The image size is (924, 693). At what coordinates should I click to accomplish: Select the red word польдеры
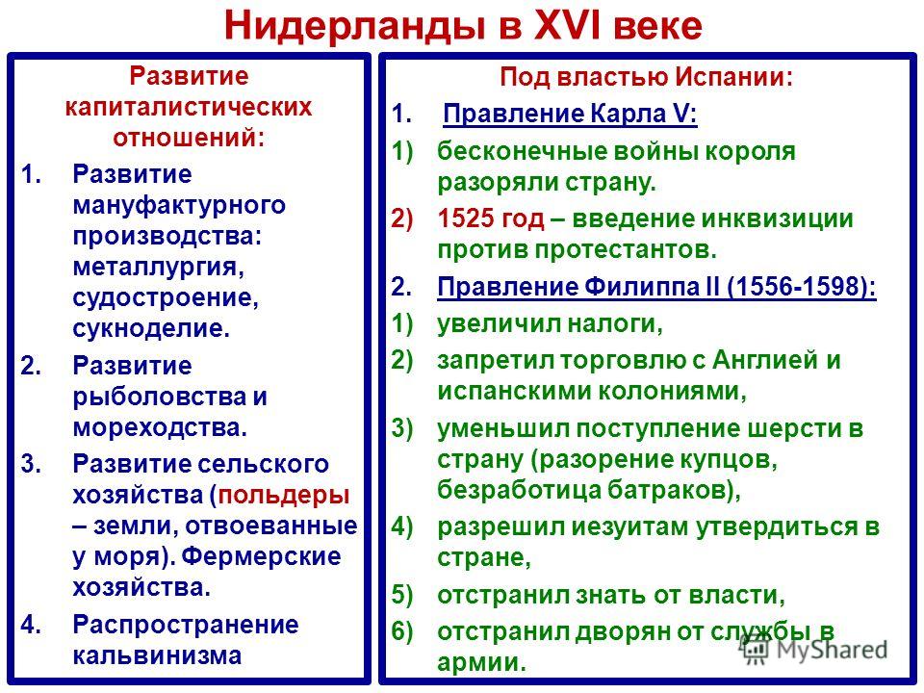click(284, 495)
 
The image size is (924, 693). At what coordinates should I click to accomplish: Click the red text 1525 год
click(491, 219)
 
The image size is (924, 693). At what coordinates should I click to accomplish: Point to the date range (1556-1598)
click(802, 287)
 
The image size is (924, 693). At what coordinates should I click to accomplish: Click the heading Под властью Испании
click(646, 77)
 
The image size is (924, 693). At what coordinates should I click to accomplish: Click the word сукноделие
click(151, 327)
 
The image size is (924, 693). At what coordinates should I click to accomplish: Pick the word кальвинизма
click(157, 655)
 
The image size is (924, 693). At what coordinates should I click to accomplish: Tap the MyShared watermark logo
click(814, 650)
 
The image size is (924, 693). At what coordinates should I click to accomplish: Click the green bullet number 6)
click(402, 631)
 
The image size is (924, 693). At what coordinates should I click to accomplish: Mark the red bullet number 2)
click(402, 219)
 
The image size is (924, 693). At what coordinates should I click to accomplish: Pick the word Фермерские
click(261, 556)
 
